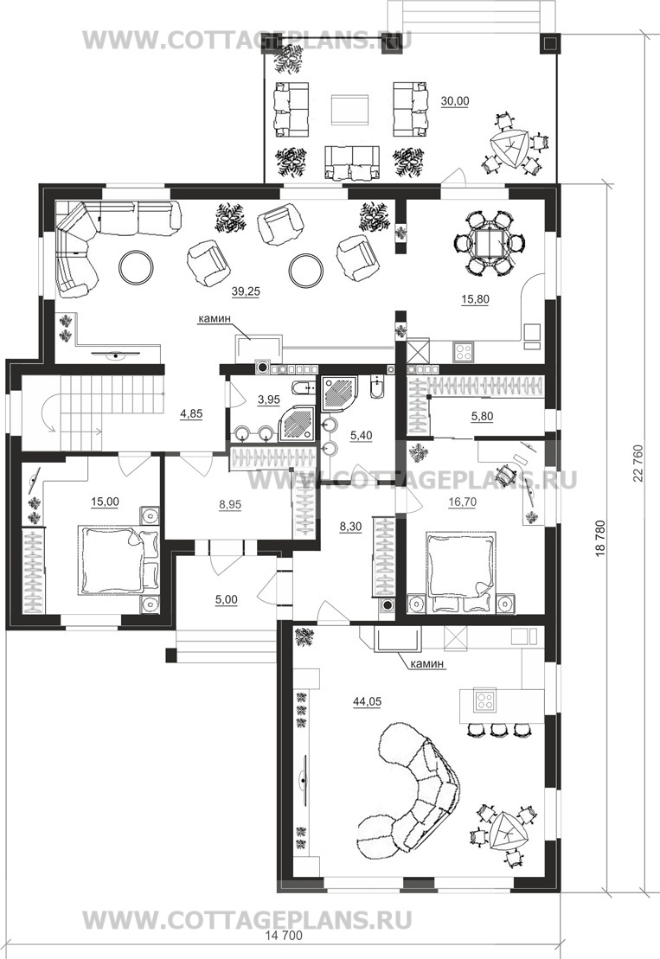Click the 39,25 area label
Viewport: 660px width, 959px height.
click(246, 291)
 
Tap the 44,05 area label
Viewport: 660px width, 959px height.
click(367, 702)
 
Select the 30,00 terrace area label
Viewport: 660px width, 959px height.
click(455, 101)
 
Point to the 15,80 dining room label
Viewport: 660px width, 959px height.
click(475, 299)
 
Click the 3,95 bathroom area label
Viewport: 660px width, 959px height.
click(268, 400)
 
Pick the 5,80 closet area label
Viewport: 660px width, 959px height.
click(482, 417)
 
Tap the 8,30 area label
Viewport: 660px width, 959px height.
click(351, 526)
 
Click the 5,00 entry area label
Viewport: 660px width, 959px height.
click(227, 600)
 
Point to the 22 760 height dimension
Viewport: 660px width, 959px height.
click(639, 462)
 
